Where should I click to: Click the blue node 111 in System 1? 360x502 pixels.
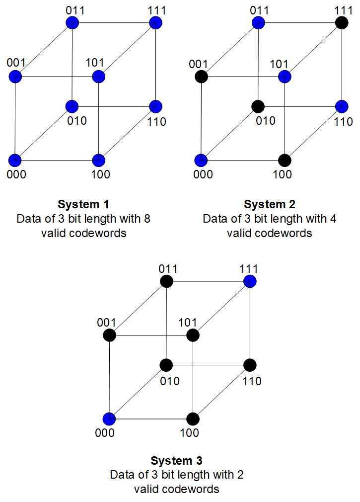[x=156, y=23]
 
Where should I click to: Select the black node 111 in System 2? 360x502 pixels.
[x=341, y=23]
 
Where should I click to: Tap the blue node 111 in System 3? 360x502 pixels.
[x=250, y=282]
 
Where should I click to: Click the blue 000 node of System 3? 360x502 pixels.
[x=109, y=418]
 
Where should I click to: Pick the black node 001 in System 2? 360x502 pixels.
[x=201, y=77]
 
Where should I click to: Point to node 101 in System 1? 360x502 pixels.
[x=99, y=77]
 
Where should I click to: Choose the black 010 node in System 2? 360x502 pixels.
[x=258, y=106]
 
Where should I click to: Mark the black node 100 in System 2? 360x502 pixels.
[x=285, y=160]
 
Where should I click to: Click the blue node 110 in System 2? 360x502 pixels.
[x=341, y=106]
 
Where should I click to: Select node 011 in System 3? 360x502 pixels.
[x=166, y=282]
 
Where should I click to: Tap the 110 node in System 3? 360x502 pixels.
[x=250, y=365]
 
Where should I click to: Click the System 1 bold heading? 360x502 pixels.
[x=83, y=204]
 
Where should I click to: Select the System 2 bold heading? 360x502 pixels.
[x=270, y=204]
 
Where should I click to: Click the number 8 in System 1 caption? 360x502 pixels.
[x=145, y=219]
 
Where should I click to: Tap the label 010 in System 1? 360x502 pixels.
[x=77, y=121]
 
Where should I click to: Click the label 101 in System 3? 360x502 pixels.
[x=187, y=322]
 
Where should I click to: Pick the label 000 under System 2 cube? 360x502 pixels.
[x=203, y=174]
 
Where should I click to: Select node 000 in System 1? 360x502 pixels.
[x=15, y=160]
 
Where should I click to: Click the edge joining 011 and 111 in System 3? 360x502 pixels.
[x=209, y=282]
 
